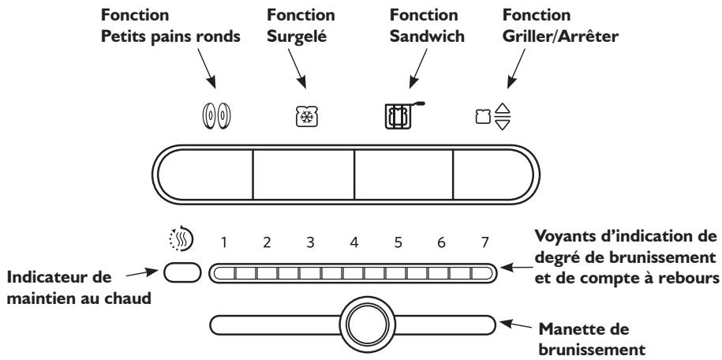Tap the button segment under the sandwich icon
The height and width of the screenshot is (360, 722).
pos(402,174)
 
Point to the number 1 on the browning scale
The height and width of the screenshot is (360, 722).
pos(223,243)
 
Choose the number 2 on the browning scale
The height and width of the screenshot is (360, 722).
pos(267,243)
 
